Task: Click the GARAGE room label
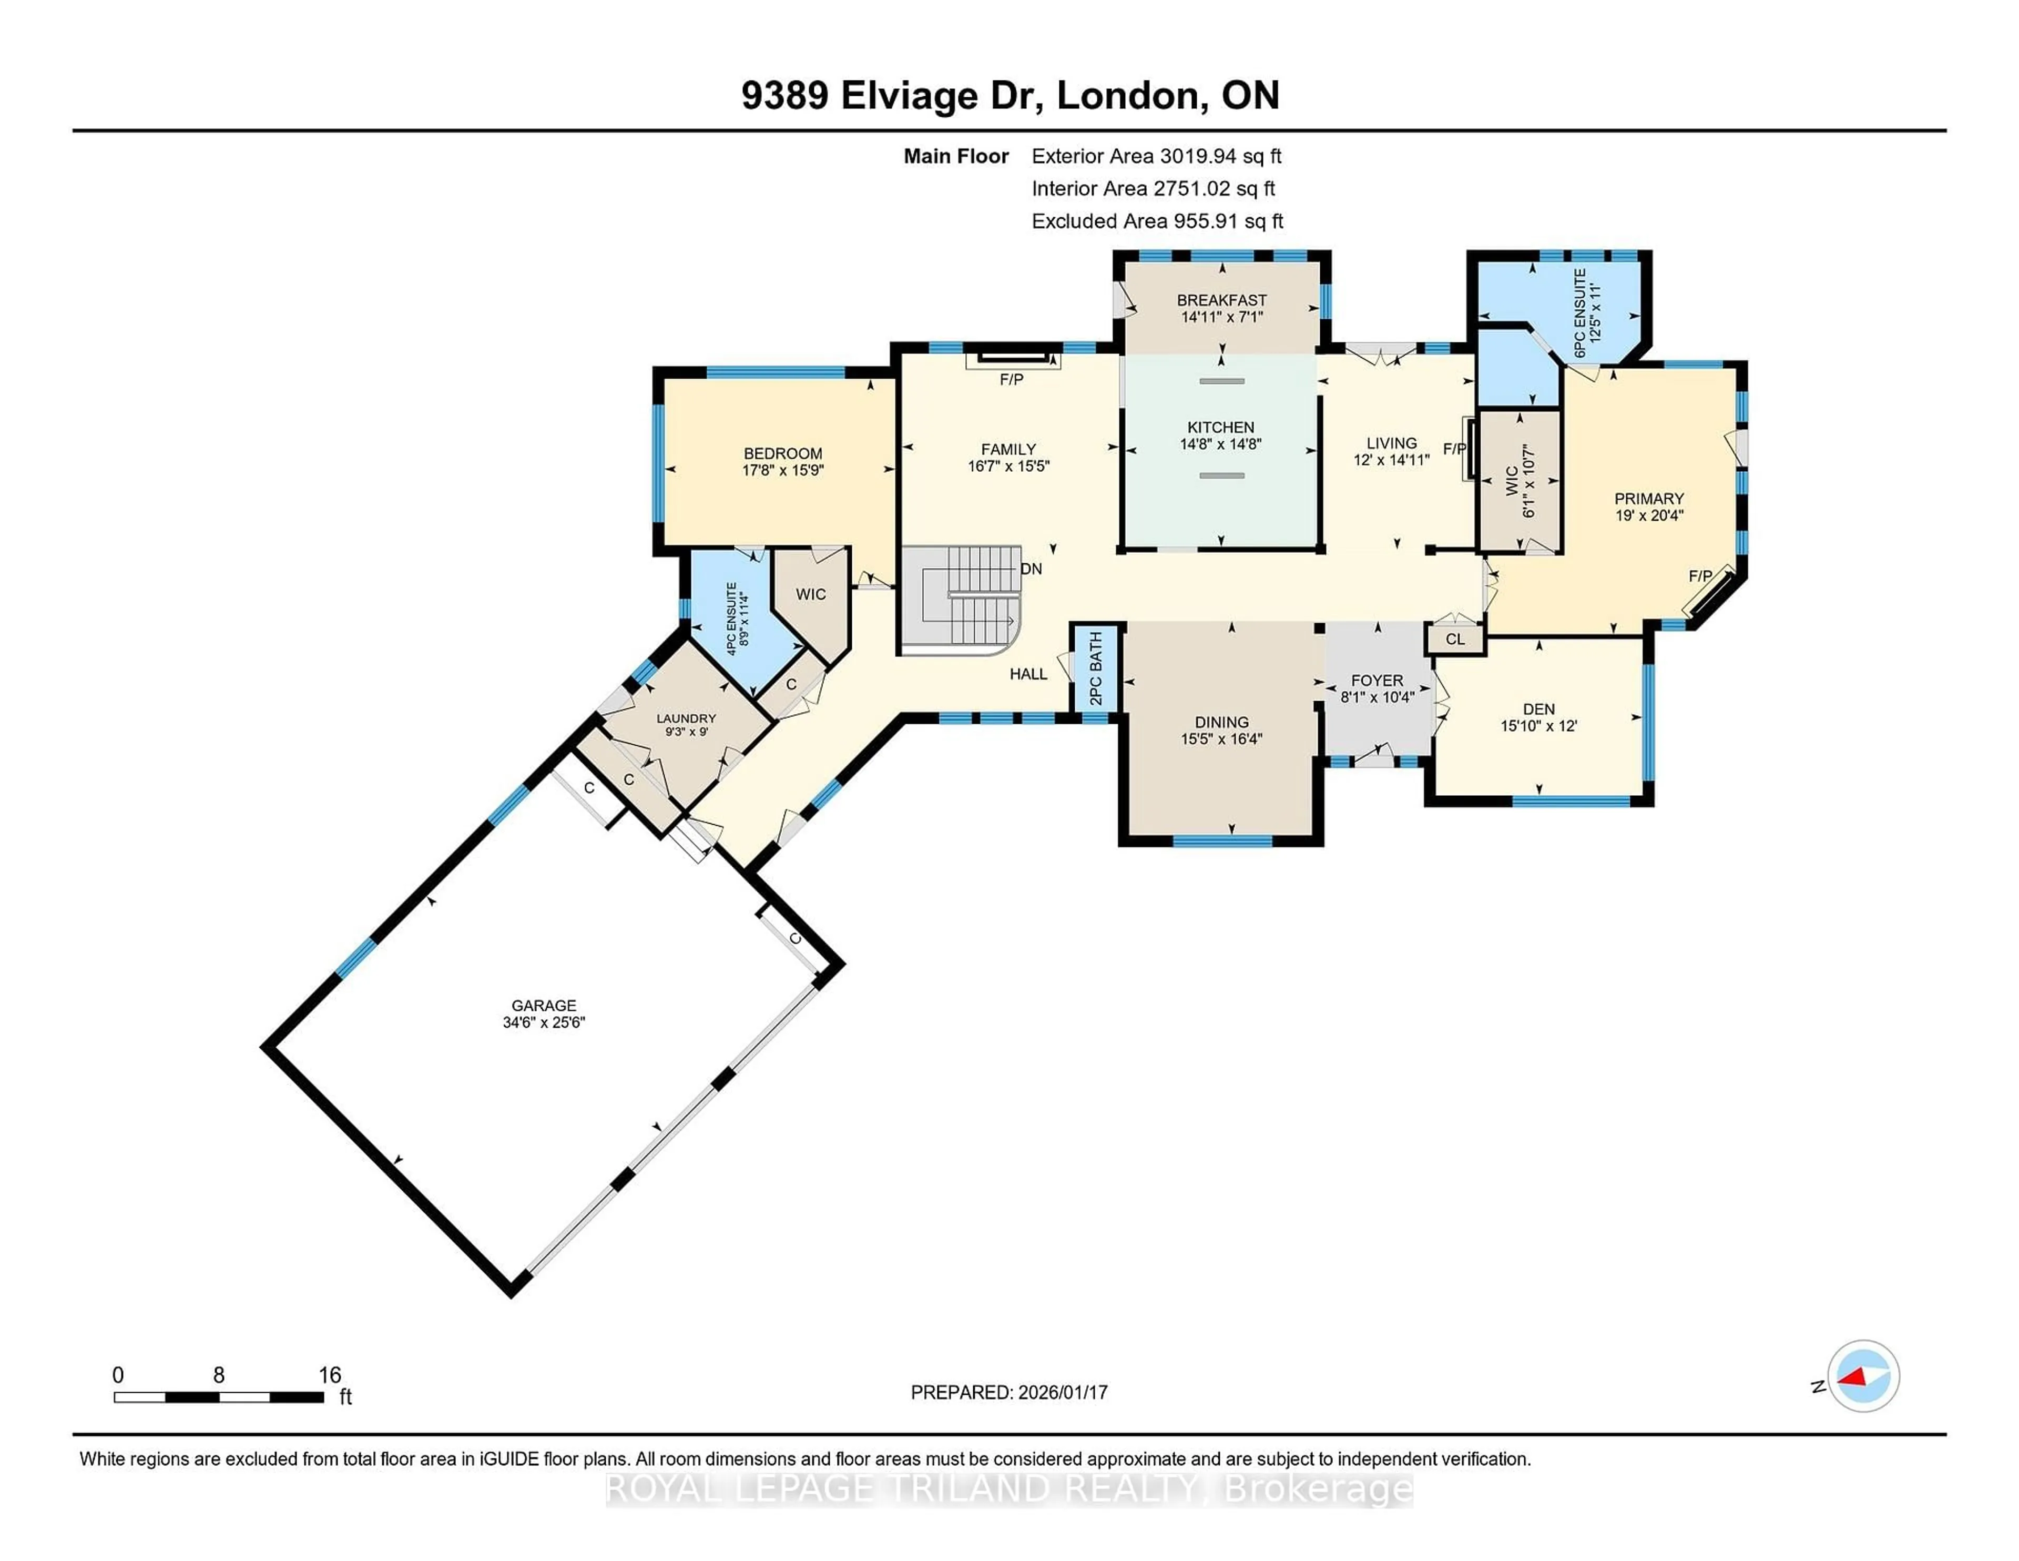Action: point(544,1005)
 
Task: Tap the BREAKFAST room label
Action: point(1221,300)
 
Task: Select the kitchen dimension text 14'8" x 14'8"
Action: point(1220,444)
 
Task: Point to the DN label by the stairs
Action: point(1031,569)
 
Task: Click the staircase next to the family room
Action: point(962,596)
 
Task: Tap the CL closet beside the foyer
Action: point(1455,639)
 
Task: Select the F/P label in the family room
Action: point(1012,379)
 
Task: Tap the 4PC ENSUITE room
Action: point(732,618)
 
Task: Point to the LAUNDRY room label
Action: point(686,718)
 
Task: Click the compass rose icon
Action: point(1863,1376)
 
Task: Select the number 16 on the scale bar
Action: point(330,1375)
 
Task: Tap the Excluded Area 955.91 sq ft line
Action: point(1157,221)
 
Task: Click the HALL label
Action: point(1028,674)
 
